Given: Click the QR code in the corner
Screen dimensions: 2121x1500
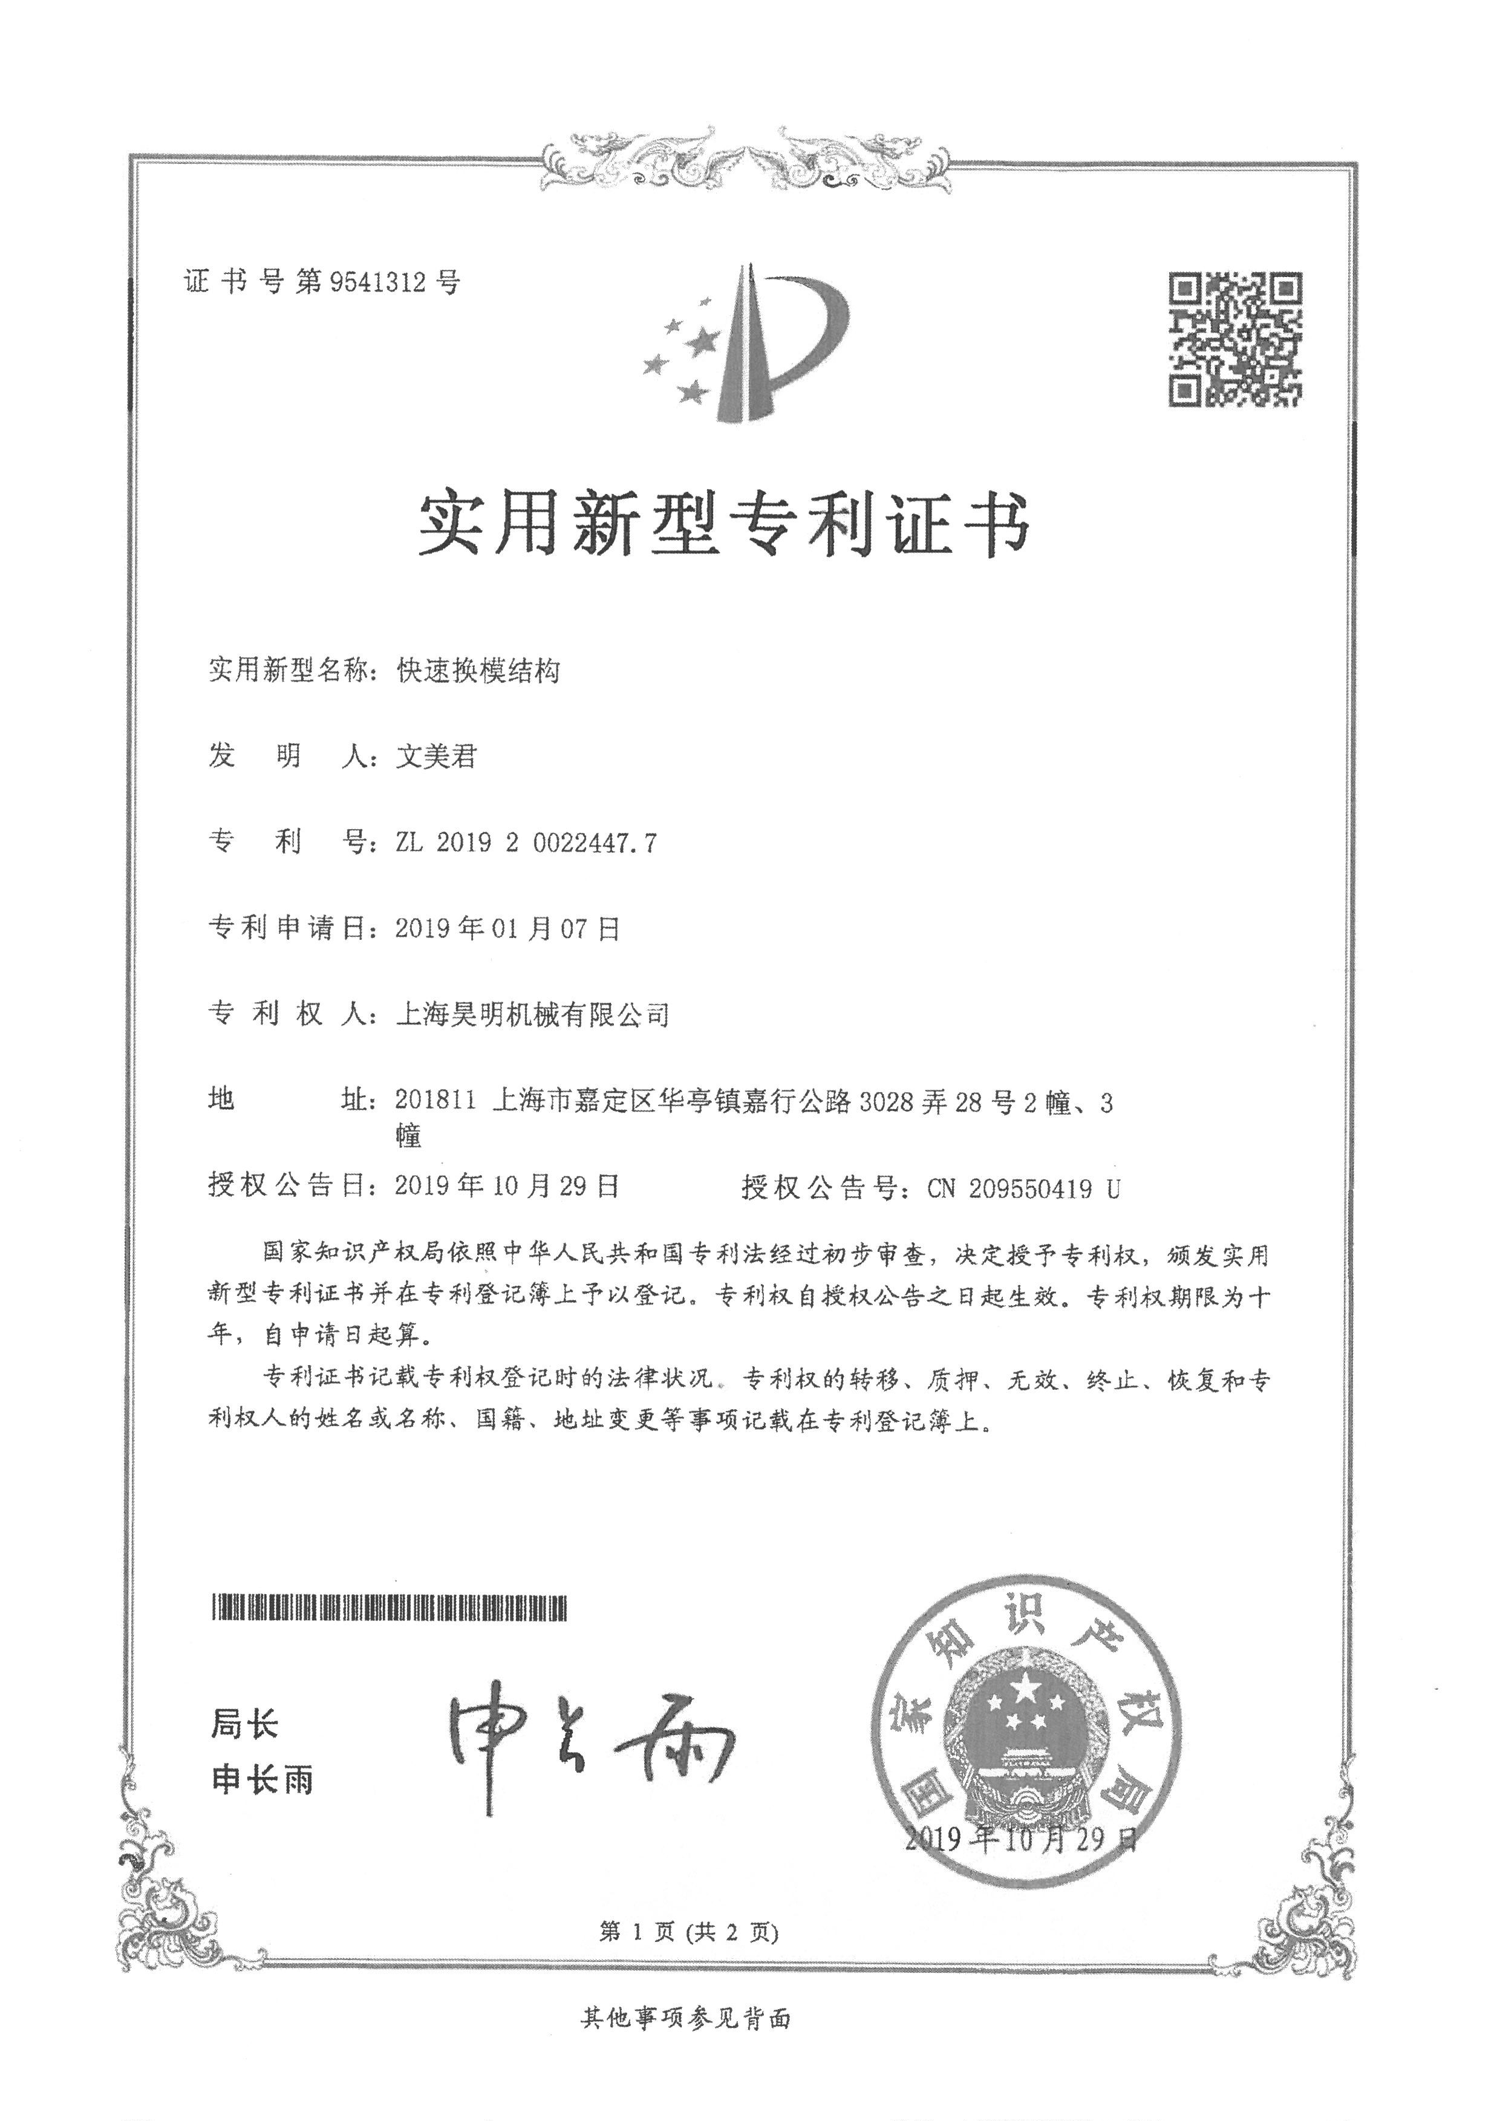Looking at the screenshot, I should pyautogui.click(x=1236, y=339).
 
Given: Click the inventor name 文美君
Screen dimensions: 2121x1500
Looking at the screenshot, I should pyautogui.click(x=436, y=757).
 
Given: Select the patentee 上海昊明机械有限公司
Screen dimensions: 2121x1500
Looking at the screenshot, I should pyautogui.click(x=532, y=1014).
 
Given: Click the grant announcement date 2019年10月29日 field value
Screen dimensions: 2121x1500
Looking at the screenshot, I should pyautogui.click(x=507, y=1186).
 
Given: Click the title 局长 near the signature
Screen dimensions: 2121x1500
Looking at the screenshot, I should pyautogui.click(x=244, y=1724).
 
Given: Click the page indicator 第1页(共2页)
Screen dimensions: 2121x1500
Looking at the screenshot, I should pyautogui.click(x=688, y=1932).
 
